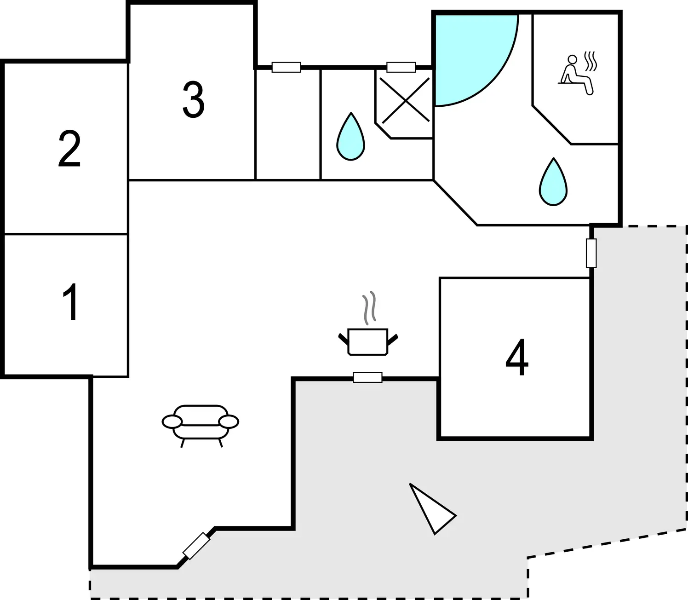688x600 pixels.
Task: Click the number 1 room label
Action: pyautogui.click(x=71, y=302)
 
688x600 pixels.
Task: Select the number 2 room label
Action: pyautogui.click(x=69, y=149)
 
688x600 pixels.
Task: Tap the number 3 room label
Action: pyautogui.click(x=193, y=99)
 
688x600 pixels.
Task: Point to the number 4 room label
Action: pyautogui.click(x=517, y=357)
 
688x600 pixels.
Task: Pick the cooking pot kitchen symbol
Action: pyautogui.click(x=368, y=341)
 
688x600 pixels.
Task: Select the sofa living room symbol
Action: pyautogui.click(x=201, y=426)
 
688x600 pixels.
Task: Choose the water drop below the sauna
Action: pyautogui.click(x=553, y=182)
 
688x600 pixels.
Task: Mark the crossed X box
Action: pyautogui.click(x=406, y=100)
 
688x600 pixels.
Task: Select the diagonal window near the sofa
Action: pyautogui.click(x=196, y=546)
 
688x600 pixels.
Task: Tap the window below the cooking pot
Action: pyautogui.click(x=367, y=377)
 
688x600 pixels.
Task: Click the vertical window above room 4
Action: pyautogui.click(x=591, y=253)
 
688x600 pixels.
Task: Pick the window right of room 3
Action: pyautogui.click(x=286, y=67)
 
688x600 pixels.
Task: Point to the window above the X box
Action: pyautogui.click(x=401, y=67)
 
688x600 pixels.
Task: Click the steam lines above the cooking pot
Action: pyautogui.click(x=369, y=308)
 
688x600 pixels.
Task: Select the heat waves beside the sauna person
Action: pyautogui.click(x=590, y=61)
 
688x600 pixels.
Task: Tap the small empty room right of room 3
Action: pyautogui.click(x=288, y=124)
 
